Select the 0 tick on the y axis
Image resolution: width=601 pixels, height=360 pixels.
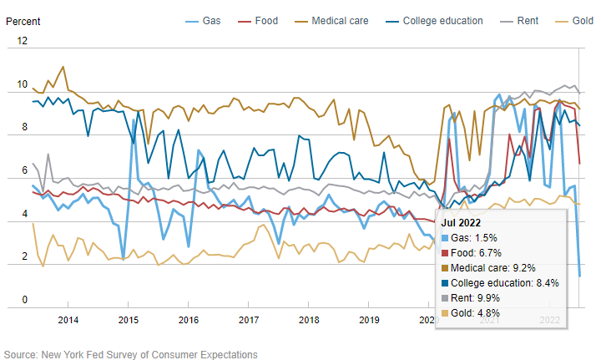(24, 300)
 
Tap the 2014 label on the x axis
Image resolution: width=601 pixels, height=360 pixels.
(68, 320)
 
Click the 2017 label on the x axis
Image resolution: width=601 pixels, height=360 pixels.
(248, 320)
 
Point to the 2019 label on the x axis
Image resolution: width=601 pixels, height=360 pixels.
(369, 320)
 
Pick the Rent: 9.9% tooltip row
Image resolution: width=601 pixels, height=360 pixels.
(485, 298)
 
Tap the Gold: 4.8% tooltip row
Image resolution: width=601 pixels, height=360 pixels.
(485, 313)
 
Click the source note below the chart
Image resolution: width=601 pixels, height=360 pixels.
(131, 354)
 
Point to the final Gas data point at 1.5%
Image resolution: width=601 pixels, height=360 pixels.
(579, 275)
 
